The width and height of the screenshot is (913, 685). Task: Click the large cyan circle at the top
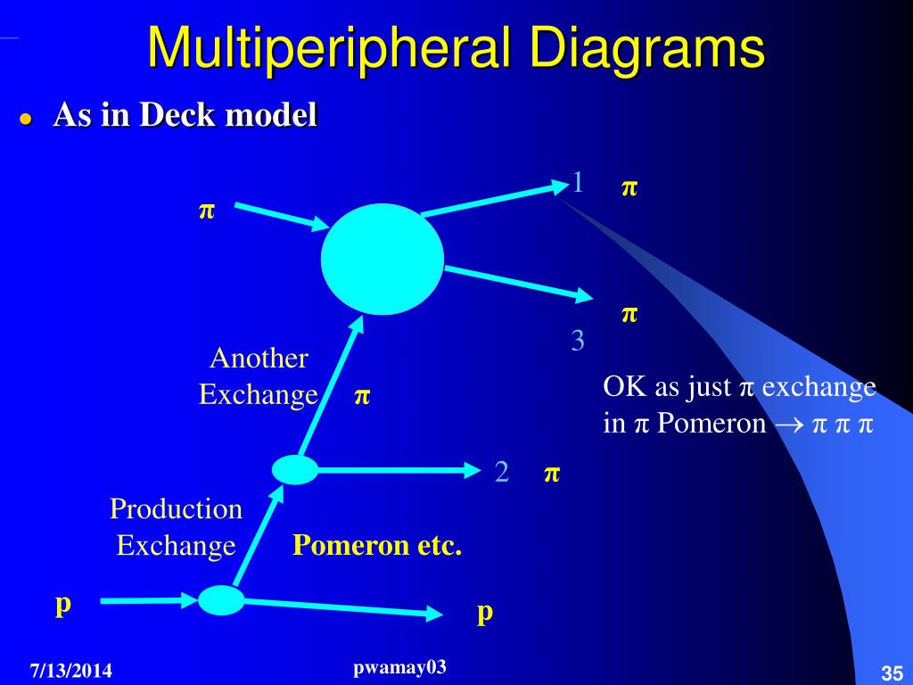[x=382, y=259]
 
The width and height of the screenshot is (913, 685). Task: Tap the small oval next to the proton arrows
[x=221, y=600]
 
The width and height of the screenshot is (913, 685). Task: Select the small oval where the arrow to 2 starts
[x=294, y=469]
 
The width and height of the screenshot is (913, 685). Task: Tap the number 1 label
[x=578, y=183]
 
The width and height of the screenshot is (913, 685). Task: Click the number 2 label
[x=502, y=473]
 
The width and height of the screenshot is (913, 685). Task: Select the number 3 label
[x=578, y=341]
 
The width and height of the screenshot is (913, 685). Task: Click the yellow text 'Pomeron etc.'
[x=377, y=545]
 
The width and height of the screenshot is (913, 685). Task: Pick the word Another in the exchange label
[x=259, y=359]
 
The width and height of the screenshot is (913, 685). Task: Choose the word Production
[x=176, y=509]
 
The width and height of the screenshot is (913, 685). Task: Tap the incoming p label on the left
[x=62, y=603]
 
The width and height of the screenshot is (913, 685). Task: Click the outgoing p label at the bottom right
[x=484, y=612]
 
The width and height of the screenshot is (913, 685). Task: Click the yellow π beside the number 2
[x=552, y=474]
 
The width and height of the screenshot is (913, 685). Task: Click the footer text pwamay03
[x=399, y=666]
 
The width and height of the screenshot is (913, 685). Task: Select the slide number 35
[x=892, y=673]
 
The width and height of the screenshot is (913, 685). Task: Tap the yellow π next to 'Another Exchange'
[x=361, y=395]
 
